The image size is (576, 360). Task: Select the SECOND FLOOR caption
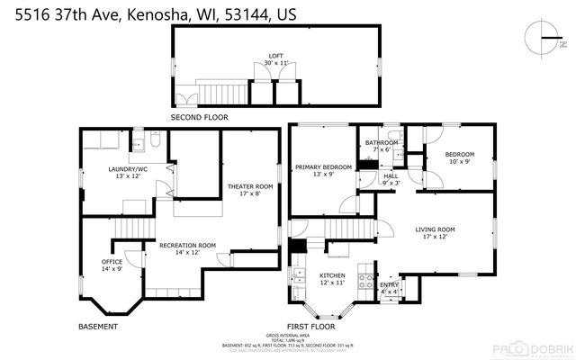(200, 117)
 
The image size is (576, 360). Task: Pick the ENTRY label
(389, 288)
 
